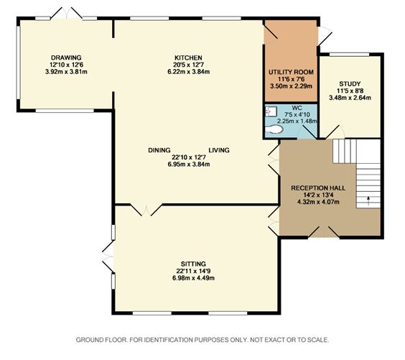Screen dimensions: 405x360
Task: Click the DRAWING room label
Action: coord(66,57)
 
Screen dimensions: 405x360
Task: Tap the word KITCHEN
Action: coord(188,57)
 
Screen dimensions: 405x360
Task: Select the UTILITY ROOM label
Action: coord(291,72)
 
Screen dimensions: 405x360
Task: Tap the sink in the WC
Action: coord(271,111)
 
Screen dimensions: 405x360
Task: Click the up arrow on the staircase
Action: coord(368,200)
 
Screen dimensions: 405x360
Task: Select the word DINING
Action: coord(159,150)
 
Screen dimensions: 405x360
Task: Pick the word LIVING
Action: coord(219,150)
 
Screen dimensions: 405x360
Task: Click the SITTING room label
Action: coord(193,264)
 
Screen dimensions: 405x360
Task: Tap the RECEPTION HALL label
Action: coord(318,188)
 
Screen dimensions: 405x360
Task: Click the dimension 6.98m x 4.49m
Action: coord(193,278)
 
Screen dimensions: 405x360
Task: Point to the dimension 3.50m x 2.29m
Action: coord(291,86)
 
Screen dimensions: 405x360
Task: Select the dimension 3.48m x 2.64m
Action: coord(350,98)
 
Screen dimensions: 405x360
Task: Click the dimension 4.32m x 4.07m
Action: coord(318,202)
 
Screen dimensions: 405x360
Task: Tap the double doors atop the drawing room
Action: coord(66,13)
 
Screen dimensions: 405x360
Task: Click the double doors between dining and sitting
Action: coord(146,210)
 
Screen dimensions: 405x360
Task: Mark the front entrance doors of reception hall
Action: coord(324,232)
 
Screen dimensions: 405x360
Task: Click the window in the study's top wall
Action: coord(350,55)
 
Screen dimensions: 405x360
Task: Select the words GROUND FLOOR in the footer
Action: coord(101,340)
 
